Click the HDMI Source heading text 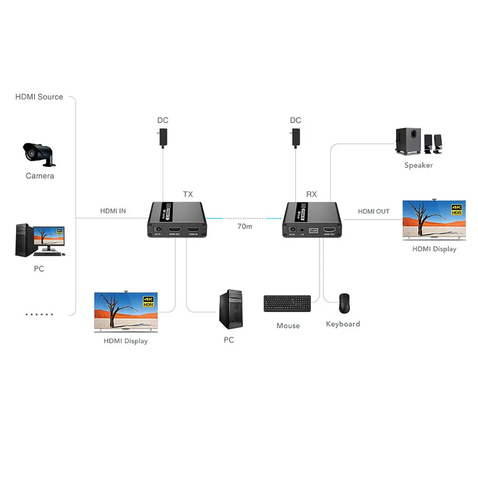click(39, 97)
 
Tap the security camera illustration click(39, 155)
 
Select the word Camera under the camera click(40, 176)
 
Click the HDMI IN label click(113, 211)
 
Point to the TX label click(188, 194)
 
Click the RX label click(312, 194)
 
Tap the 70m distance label click(245, 226)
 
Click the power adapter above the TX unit click(163, 138)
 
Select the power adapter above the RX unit click(296, 138)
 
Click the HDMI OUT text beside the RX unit click(374, 212)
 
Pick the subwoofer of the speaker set click(408, 141)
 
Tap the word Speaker click(418, 165)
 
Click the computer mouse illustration click(344, 303)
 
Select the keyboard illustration click(287, 303)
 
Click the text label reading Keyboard click(343, 324)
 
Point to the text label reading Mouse click(288, 326)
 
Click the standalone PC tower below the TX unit click(231, 309)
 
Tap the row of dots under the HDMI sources click(39, 314)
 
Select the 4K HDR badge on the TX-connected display click(149, 302)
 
